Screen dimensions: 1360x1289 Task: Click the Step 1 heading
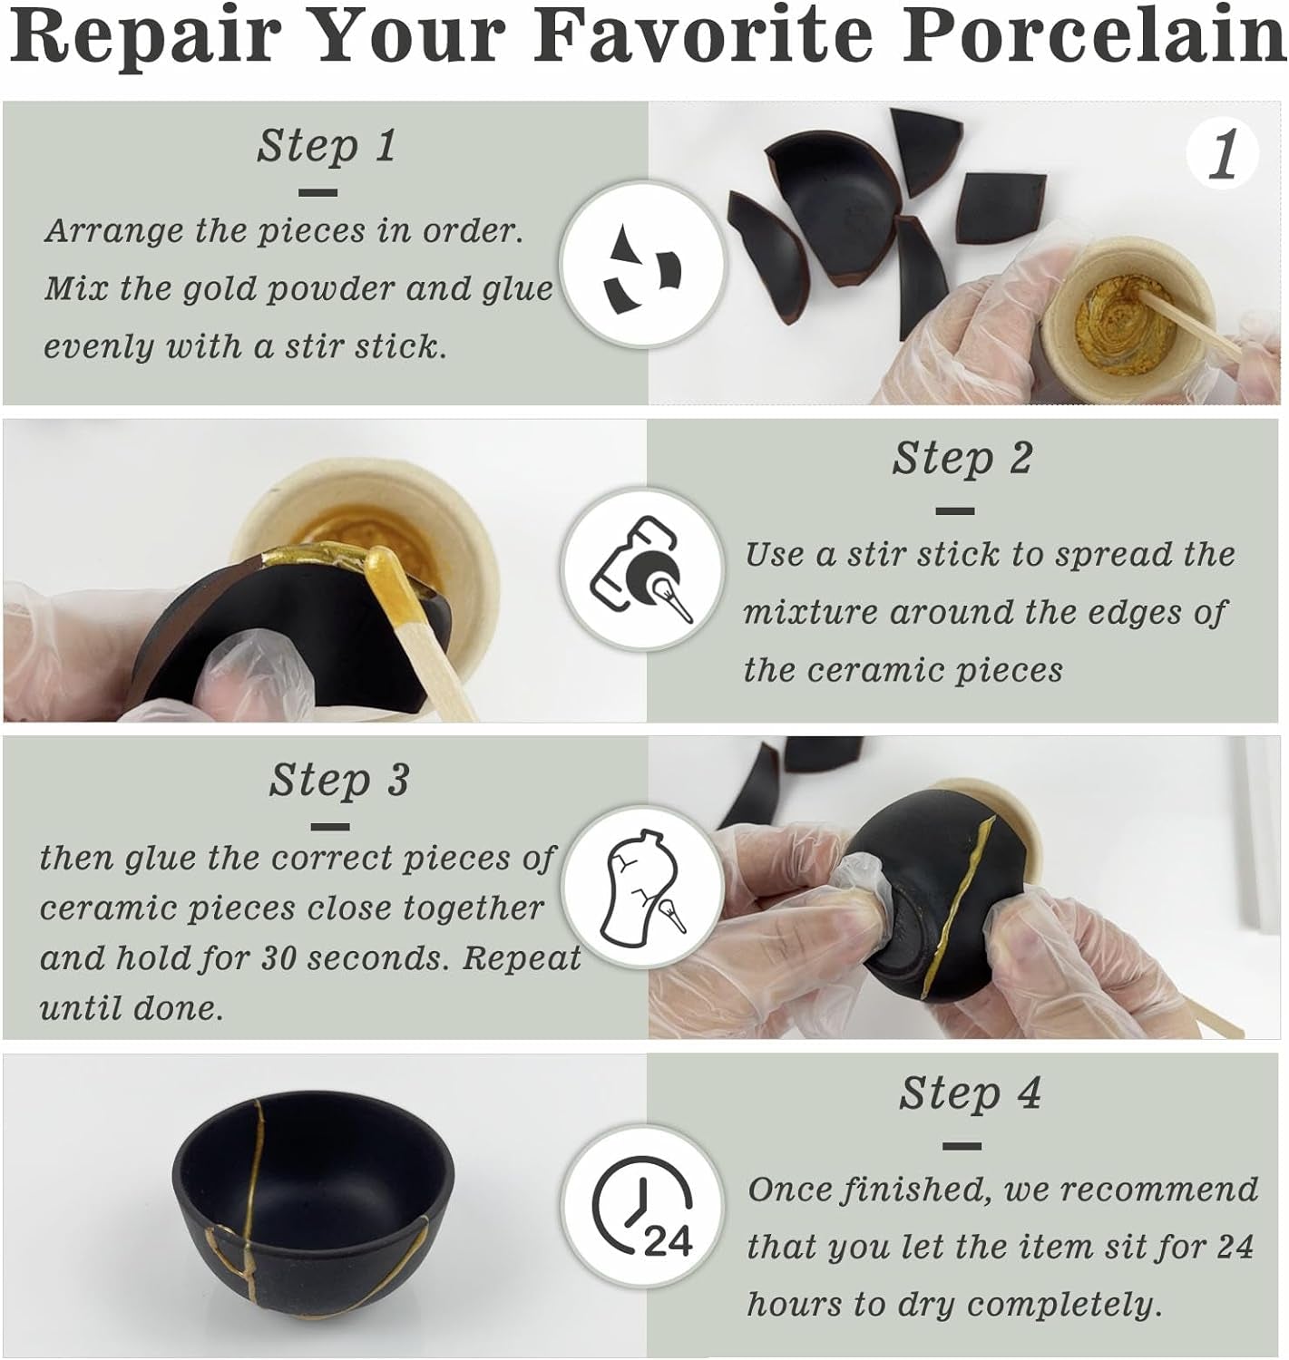click(327, 146)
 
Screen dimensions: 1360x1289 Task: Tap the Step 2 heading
click(962, 458)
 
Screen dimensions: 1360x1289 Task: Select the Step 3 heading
click(338, 780)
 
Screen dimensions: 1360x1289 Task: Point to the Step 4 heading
click(970, 1093)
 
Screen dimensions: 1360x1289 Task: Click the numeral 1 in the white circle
click(1223, 154)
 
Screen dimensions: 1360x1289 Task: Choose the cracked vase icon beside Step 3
click(642, 886)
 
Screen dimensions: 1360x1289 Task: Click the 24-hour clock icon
click(642, 1206)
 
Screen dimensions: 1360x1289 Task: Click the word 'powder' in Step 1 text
click(346, 290)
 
